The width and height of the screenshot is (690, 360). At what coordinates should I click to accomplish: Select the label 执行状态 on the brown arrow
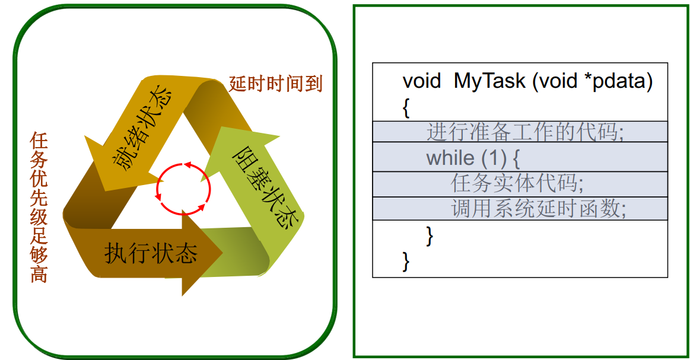151,254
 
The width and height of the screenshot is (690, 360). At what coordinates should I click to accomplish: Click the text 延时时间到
276,84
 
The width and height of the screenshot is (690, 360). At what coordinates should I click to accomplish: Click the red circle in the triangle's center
183,188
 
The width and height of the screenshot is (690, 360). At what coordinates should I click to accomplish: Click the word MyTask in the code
489,81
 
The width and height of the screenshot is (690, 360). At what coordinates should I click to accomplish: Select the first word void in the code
421,81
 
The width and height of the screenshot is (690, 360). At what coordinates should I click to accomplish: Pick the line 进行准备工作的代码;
525,132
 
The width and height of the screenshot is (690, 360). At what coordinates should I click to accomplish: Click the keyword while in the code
450,158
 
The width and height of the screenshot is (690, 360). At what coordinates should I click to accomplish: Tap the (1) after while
493,158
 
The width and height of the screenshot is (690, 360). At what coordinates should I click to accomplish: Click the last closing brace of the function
406,260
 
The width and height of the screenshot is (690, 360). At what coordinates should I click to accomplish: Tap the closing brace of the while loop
430,235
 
